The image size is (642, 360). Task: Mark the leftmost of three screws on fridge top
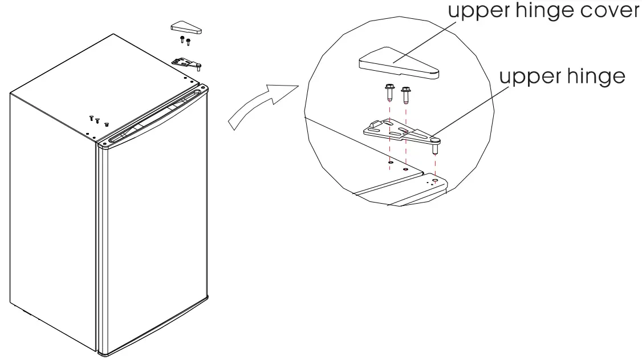91,118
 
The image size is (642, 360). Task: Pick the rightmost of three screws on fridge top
106,124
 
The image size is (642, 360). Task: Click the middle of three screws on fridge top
97,121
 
